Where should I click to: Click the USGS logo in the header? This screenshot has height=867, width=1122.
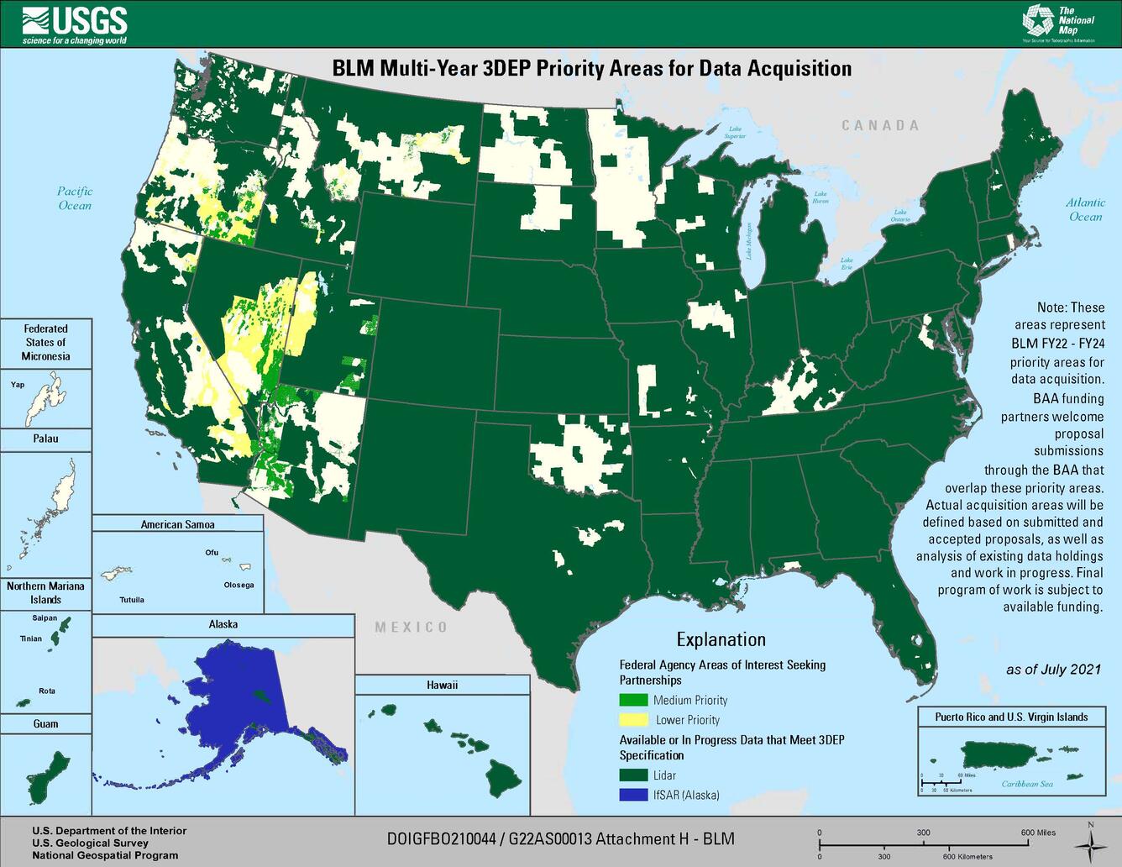[x=75, y=24]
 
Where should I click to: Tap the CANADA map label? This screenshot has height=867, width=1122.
[x=880, y=125]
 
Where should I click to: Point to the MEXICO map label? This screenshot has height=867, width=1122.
[x=411, y=627]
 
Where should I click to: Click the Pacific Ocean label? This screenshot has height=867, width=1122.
[x=75, y=198]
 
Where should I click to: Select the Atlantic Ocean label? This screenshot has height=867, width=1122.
[x=1085, y=209]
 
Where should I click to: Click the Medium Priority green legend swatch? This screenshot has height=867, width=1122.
[x=633, y=700]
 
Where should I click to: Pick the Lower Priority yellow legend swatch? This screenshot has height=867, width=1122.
[x=633, y=719]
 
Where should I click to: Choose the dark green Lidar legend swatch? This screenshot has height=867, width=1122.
[x=633, y=775]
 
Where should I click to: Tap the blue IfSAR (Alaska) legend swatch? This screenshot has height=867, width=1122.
[x=633, y=795]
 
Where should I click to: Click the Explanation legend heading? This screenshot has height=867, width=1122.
[x=721, y=639]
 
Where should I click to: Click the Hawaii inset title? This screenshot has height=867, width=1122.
[x=442, y=685]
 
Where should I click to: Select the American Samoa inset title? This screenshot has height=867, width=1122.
[x=177, y=524]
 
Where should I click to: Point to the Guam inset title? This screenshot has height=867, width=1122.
[x=45, y=723]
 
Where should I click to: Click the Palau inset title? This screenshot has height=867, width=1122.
[x=45, y=439]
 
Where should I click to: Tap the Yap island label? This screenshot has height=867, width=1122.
[x=18, y=385]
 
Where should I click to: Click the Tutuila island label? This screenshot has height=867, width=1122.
[x=131, y=600]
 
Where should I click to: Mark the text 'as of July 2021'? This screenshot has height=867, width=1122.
[x=1053, y=670]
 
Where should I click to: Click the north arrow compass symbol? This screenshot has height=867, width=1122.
[x=1089, y=840]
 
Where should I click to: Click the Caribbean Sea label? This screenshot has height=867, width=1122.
[x=1026, y=784]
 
